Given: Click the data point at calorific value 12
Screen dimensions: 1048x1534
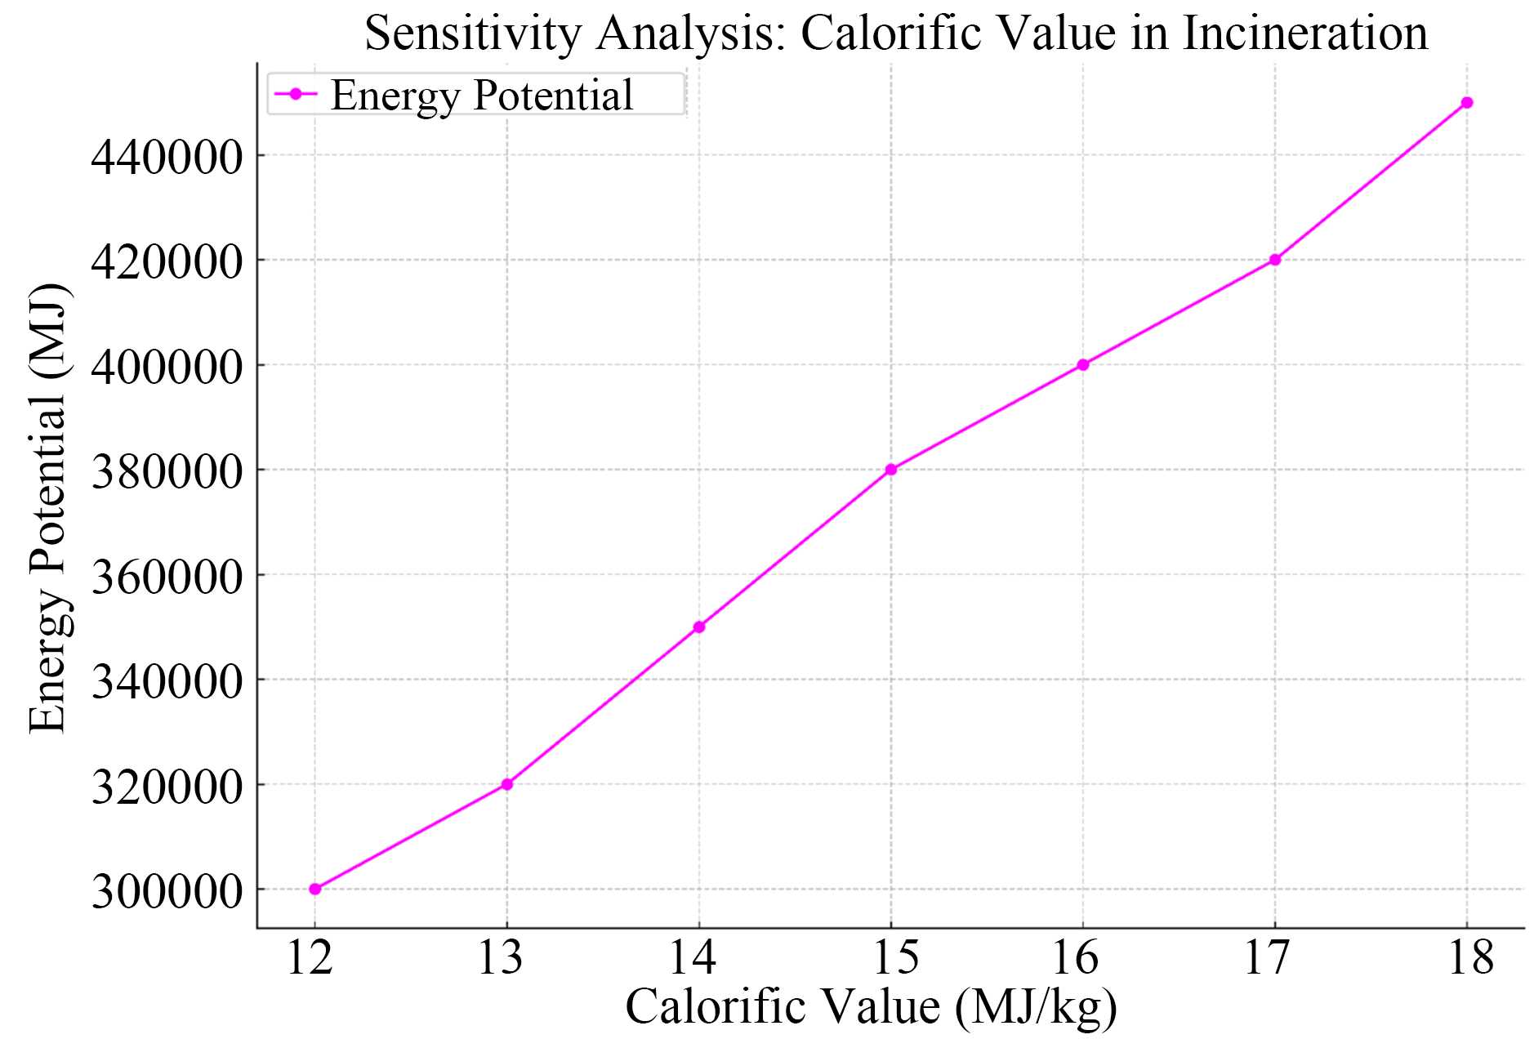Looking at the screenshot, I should (315, 889).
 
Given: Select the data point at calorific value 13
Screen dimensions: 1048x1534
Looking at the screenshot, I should (507, 784).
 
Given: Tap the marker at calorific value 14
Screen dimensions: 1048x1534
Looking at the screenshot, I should (699, 627).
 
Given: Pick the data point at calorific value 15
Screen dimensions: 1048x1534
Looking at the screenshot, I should (891, 470).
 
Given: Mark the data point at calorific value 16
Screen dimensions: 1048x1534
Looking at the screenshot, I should (1083, 365).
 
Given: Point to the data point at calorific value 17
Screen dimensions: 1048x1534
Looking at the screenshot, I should (1275, 260).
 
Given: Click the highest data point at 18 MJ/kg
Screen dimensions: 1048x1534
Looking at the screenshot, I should (1467, 103).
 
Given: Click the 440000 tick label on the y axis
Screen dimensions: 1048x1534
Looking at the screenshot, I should (167, 157).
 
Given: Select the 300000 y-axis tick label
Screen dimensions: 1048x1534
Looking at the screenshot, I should (167, 891).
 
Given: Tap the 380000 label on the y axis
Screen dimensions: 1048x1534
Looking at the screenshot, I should (167, 471).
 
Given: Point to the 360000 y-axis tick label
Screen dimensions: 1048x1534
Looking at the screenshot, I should (167, 577).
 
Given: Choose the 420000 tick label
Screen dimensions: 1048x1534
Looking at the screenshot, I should (167, 262).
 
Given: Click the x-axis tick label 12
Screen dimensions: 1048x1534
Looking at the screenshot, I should (310, 957).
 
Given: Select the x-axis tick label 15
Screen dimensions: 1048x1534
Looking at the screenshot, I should (896, 957).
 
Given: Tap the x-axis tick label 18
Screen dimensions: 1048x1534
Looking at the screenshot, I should (1471, 957).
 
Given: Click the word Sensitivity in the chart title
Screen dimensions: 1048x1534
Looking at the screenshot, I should (473, 34).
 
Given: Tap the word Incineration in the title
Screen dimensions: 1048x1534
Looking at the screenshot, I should (1305, 34).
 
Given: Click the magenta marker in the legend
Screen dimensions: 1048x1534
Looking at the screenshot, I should (296, 95).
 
